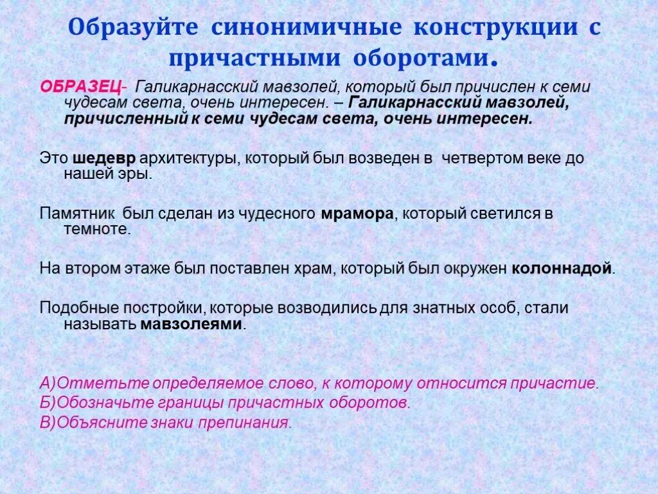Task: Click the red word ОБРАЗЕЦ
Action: click(80, 87)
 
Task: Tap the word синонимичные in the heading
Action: click(305, 28)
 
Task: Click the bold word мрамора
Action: click(356, 214)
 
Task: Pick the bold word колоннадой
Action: click(561, 269)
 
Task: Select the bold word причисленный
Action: click(122, 119)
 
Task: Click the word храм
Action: click(314, 269)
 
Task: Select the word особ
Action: click(499, 308)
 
